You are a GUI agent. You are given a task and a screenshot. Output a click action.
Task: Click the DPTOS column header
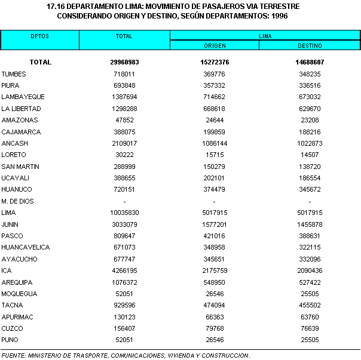coord(40,36)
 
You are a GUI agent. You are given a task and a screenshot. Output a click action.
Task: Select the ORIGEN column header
coord(215,45)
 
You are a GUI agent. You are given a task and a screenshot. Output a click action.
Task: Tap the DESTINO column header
coord(310,45)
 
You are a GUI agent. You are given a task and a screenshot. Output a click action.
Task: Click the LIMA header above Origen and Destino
coord(265,36)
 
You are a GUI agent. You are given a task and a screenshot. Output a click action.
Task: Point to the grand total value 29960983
coord(124,62)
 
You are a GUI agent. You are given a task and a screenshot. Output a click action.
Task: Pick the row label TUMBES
coord(14,74)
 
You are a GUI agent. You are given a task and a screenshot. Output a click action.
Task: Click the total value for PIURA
coord(124,85)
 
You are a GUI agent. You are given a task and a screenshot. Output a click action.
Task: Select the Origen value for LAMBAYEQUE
coord(215,97)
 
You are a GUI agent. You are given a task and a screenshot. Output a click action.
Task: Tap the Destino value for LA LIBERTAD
coord(310,109)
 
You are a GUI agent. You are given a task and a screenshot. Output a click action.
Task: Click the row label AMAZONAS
coord(17,120)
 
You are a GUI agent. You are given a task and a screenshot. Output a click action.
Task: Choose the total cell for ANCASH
coord(124,143)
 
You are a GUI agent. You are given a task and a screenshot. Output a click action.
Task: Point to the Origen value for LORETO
coord(215,155)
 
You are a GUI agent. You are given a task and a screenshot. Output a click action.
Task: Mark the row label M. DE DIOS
coord(17,201)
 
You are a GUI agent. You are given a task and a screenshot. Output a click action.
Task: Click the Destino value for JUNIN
coord(310,224)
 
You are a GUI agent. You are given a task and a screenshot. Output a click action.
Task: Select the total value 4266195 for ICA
coord(124,270)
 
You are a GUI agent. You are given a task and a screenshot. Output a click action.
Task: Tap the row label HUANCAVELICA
coord(25,247)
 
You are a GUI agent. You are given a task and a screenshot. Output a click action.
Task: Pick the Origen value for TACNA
coord(215,305)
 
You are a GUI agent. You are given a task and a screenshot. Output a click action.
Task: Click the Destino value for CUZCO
coord(310,328)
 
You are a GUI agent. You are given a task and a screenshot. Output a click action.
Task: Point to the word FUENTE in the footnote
coord(13,356)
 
